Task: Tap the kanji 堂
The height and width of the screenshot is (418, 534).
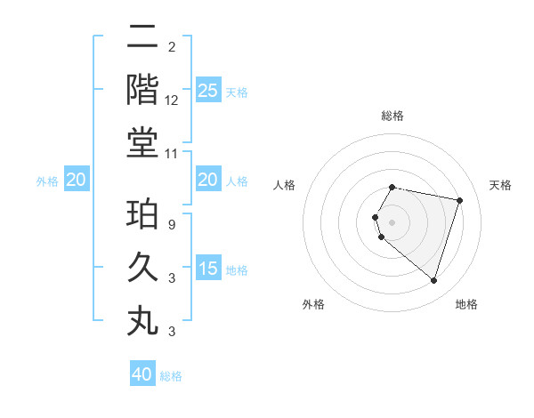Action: (x=142, y=141)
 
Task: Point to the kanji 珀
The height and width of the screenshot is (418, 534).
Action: (x=142, y=215)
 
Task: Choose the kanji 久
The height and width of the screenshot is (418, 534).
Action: (x=142, y=268)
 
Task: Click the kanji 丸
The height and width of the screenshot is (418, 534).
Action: (x=142, y=320)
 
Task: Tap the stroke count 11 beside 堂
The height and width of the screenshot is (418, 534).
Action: (x=172, y=153)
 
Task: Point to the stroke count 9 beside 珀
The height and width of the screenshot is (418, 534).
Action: (x=172, y=226)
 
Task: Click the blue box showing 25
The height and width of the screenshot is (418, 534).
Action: (x=207, y=90)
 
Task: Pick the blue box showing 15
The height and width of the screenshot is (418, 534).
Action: (x=207, y=269)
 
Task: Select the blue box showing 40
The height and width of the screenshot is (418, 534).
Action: (x=142, y=374)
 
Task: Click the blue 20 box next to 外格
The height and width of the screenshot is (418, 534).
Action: (x=77, y=181)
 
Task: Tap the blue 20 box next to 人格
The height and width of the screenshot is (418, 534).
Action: (x=207, y=181)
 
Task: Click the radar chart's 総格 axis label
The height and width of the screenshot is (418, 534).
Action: (x=392, y=116)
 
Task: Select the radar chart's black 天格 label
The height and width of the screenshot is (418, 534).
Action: (x=500, y=185)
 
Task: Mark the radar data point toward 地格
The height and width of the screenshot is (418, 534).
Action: (x=433, y=281)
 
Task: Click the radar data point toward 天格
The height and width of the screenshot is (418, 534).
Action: (x=459, y=200)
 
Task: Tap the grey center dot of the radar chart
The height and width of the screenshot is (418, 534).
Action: (x=392, y=221)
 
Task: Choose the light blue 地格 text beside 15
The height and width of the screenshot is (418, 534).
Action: (x=237, y=270)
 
